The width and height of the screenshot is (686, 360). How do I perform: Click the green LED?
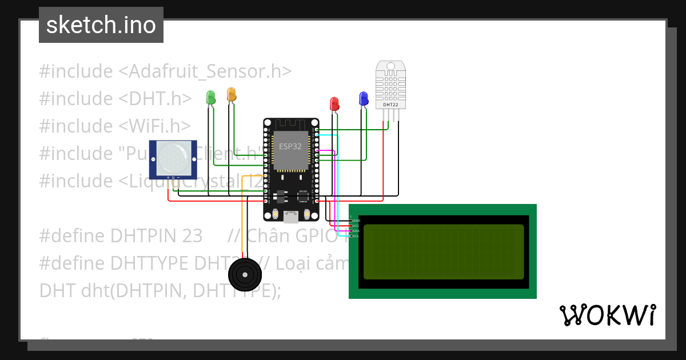click(210, 97)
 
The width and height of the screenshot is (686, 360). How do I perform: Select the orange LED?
click(231, 94)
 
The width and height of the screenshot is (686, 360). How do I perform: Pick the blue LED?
click(363, 99)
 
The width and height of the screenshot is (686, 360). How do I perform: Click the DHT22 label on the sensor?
click(391, 105)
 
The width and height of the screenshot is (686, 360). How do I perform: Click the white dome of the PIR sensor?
click(173, 158)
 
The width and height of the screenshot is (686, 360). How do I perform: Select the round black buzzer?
click(244, 275)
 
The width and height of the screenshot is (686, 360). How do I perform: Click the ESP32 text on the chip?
click(290, 146)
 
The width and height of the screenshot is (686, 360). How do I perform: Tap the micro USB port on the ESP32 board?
click(290, 216)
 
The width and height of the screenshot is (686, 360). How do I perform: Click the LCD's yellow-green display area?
click(443, 251)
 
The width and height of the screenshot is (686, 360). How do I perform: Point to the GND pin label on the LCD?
click(356, 221)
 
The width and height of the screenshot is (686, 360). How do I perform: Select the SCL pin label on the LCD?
click(356, 236)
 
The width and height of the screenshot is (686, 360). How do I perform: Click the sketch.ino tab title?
click(101, 25)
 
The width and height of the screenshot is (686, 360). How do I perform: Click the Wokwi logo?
click(607, 315)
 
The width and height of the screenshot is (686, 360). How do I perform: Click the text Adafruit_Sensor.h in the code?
click(205, 71)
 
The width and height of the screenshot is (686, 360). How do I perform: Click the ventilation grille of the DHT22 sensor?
click(391, 85)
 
